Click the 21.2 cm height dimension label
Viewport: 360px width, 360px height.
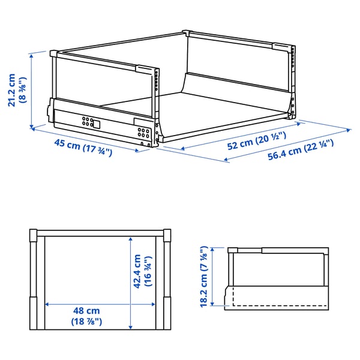(x=11, y=89)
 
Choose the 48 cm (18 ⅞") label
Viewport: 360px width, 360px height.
(x=86, y=316)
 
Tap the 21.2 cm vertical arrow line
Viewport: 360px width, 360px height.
(x=31, y=90)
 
